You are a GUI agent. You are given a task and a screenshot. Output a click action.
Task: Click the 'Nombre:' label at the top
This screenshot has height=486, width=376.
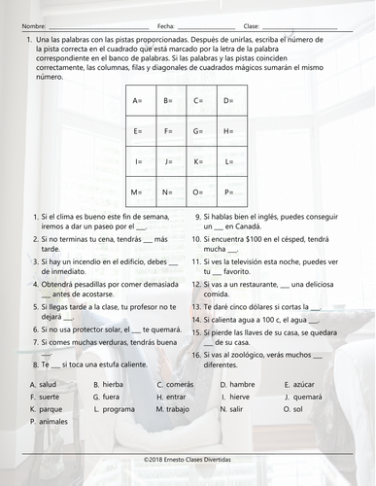(32, 24)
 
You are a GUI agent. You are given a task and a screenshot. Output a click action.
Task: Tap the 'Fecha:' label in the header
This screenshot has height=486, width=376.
(165, 24)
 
